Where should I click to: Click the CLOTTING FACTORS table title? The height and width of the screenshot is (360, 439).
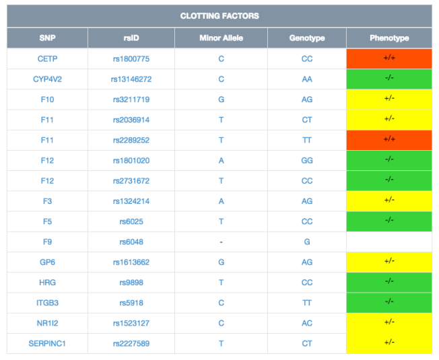(x=219, y=16)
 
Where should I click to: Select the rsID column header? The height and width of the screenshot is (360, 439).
(x=131, y=38)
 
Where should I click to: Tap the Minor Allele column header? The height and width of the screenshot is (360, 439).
(x=221, y=38)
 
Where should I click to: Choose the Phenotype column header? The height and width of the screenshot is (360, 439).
(x=389, y=38)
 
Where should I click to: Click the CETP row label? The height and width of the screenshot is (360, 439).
(x=47, y=59)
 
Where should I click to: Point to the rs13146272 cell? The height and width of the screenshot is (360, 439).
(x=131, y=79)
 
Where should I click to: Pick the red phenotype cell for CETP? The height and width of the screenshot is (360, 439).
(x=389, y=59)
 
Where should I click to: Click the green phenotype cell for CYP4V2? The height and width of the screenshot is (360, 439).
(x=389, y=79)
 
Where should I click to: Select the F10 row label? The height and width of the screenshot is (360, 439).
(x=47, y=100)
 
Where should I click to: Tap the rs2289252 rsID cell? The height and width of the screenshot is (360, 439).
(x=131, y=140)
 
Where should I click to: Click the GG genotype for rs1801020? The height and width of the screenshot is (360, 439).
(x=307, y=160)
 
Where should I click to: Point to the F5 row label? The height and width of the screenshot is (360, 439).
(x=47, y=221)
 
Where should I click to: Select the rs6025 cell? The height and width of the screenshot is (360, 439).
(x=131, y=221)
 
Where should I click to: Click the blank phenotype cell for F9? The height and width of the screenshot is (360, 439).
(x=389, y=242)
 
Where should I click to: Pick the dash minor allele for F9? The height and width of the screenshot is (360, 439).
(x=221, y=242)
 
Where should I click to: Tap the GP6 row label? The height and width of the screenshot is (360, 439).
(x=47, y=262)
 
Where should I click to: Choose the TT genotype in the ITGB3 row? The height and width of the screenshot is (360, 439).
(x=307, y=303)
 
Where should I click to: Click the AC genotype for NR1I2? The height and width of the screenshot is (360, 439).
(x=307, y=323)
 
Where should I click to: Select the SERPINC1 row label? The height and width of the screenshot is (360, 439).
(x=47, y=343)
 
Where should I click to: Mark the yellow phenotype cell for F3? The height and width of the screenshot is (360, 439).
(x=389, y=201)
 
